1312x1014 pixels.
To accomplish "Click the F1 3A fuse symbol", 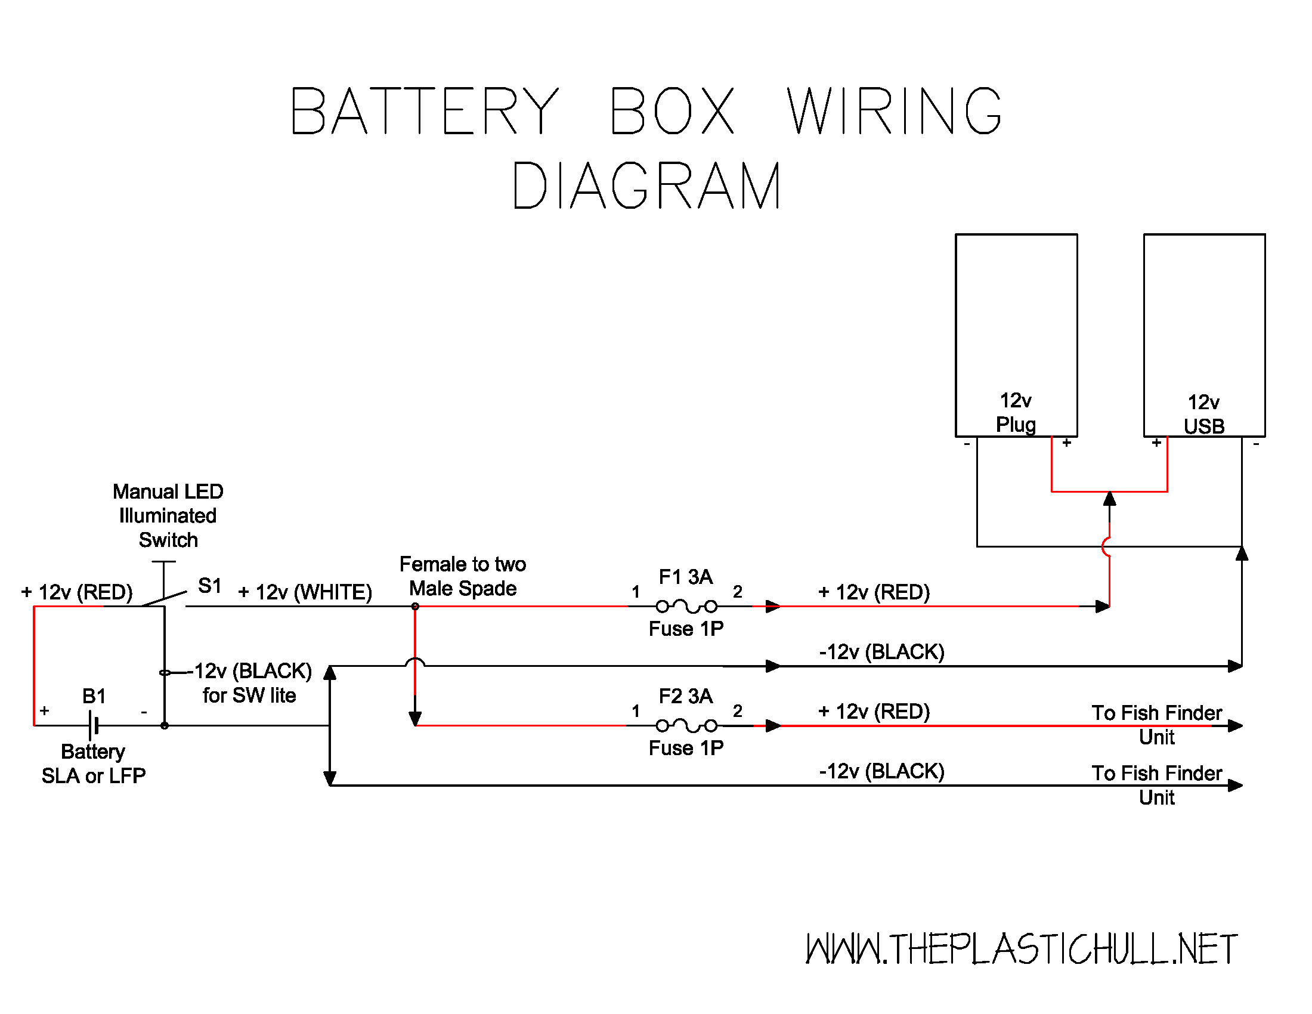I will [686, 606].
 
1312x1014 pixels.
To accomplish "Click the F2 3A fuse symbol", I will [686, 726].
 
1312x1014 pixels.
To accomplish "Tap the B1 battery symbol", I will [93, 726].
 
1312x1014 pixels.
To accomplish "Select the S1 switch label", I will [210, 586].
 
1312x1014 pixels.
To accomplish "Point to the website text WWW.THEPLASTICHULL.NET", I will [1020, 949].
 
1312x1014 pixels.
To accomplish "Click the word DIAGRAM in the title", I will [646, 186].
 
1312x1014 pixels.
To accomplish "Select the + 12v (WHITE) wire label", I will [305, 592].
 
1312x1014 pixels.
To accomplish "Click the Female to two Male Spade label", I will [463, 576].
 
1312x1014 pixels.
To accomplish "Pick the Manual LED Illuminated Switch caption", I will [168, 515].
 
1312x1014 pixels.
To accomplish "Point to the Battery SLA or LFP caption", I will [93, 763].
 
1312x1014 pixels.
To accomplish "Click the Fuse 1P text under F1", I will [686, 629].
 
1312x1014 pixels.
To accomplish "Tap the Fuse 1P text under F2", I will [686, 748].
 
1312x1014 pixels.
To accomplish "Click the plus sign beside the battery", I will [45, 711].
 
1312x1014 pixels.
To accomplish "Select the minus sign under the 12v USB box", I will [1255, 444].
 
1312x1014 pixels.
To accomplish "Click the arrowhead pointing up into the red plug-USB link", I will [1110, 499].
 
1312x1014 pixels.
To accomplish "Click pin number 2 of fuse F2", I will [738, 711].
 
